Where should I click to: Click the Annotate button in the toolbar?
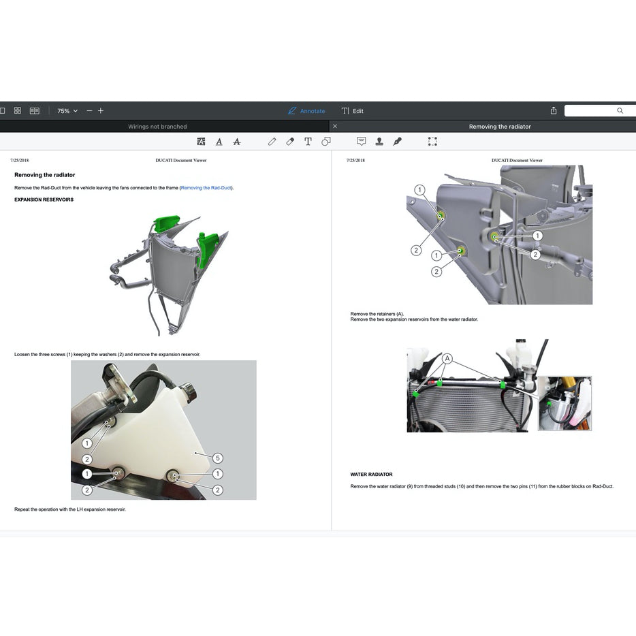[306, 111]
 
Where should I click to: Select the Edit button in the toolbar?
[352, 111]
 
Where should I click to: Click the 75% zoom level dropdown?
[67, 111]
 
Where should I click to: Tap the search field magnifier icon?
[620, 110]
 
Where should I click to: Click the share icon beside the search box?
[553, 110]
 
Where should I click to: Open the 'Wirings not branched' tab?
[157, 127]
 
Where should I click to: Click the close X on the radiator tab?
[335, 126]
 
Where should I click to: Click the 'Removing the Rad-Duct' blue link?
[206, 188]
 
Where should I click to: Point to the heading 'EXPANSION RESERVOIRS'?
[44, 200]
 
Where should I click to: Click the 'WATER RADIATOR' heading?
[371, 474]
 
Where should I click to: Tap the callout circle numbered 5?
[218, 458]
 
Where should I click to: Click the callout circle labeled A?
[447, 358]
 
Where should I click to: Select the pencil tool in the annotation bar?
[272, 141]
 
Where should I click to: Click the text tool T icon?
[308, 141]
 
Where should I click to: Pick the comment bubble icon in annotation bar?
[361, 141]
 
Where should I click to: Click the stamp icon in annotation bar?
[379, 141]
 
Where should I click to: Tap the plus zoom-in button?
[101, 111]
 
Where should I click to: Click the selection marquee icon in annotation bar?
[432, 141]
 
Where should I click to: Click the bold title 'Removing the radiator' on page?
[45, 175]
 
